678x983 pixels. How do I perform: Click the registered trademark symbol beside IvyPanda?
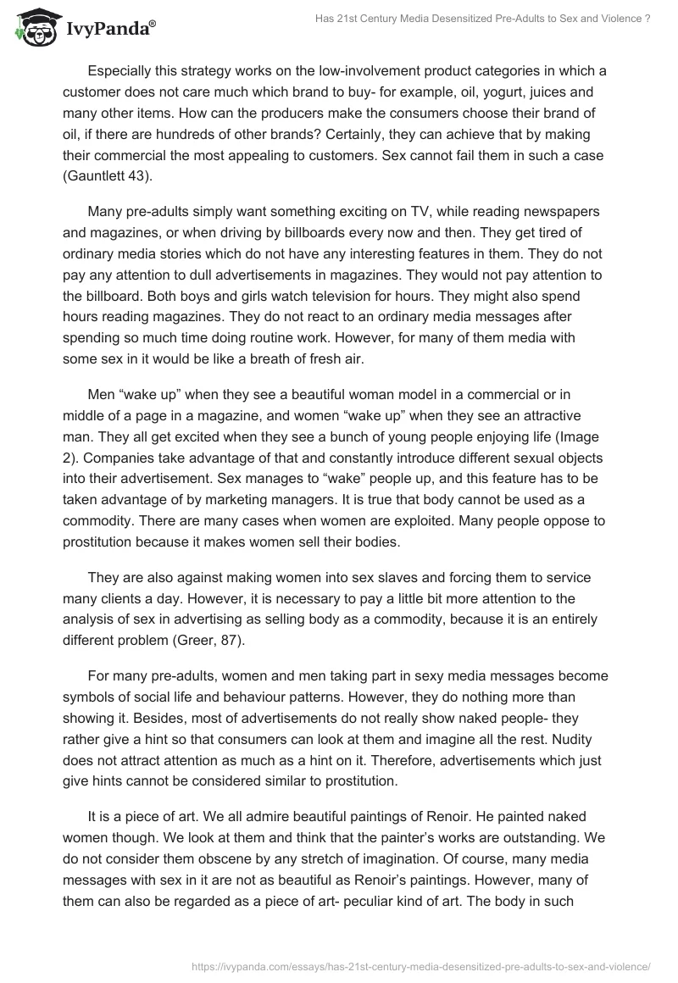point(153,25)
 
